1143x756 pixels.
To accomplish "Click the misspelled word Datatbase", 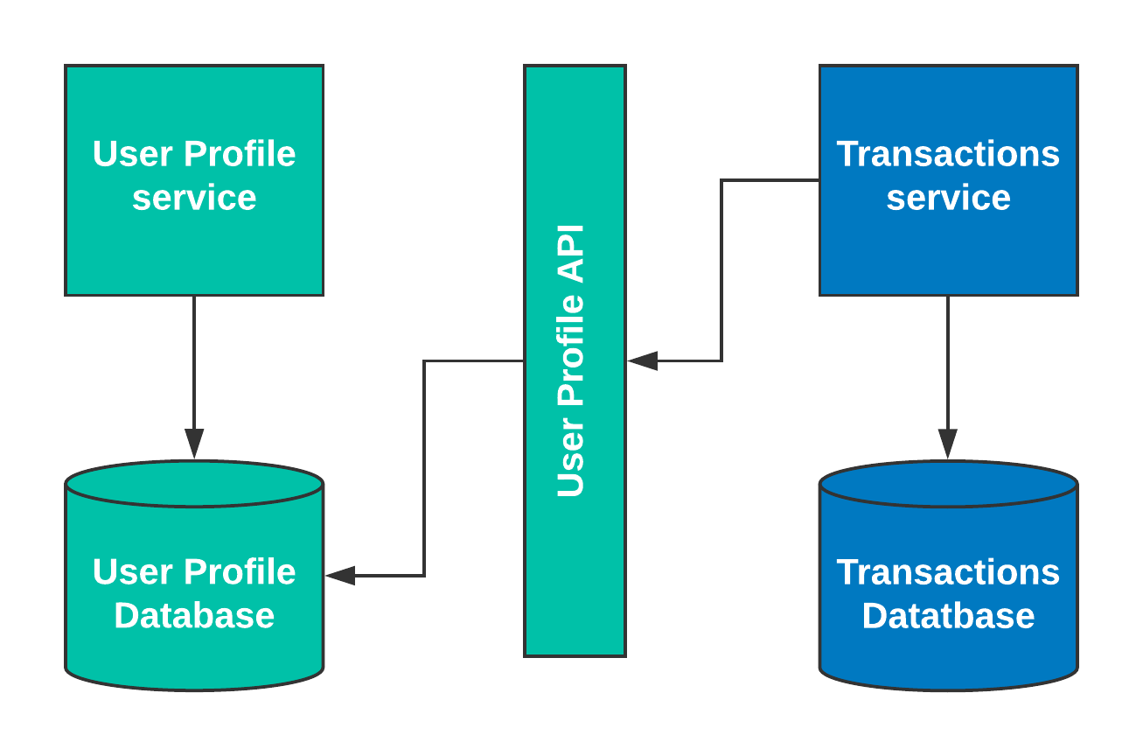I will (948, 616).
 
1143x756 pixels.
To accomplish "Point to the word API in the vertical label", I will (570, 254).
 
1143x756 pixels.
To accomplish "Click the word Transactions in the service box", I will (948, 154).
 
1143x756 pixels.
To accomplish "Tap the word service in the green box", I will (194, 198).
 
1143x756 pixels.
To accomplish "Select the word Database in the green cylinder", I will (194, 616).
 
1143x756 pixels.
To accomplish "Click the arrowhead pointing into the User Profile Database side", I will (340, 576).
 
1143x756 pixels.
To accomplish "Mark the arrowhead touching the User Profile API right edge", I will (642, 360).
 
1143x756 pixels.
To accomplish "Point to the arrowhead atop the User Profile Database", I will (194, 443).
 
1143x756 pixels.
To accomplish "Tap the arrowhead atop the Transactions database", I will (948, 443).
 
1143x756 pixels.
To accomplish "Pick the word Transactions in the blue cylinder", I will (948, 572).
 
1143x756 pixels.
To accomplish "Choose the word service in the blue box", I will (948, 198).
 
